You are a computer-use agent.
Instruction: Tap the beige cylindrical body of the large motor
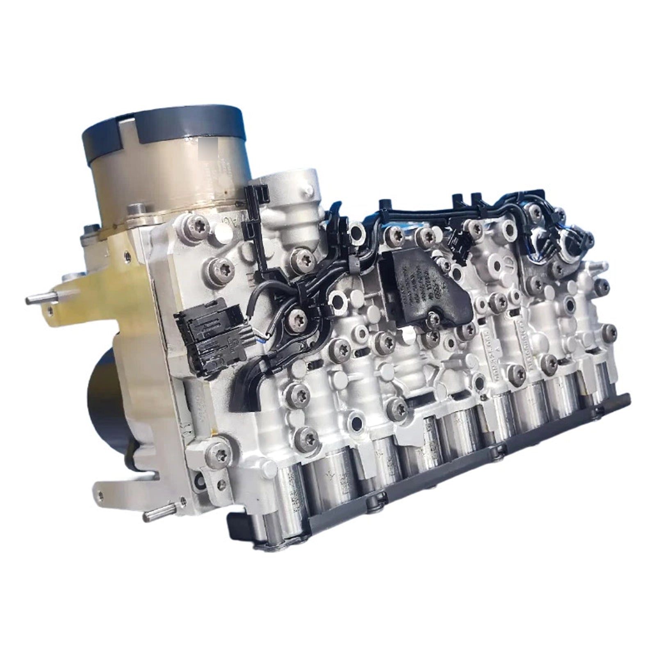pyautogui.click(x=164, y=180)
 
